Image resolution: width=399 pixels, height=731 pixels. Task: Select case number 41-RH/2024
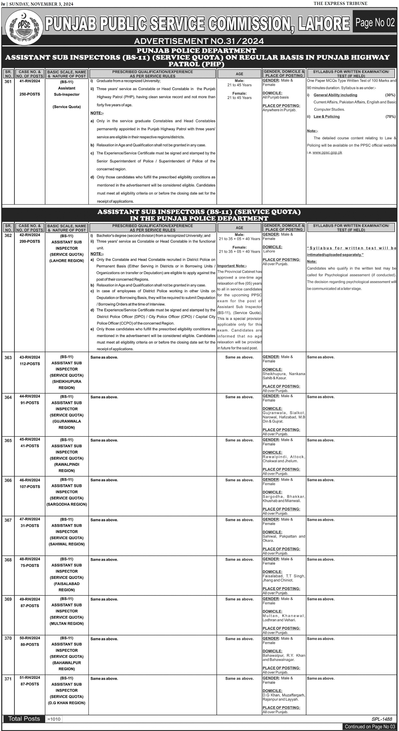(30, 81)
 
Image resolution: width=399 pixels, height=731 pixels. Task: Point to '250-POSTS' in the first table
(30, 94)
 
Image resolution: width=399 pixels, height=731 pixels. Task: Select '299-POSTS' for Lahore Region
(30, 242)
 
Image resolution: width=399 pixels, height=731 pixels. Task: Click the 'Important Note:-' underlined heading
(232, 266)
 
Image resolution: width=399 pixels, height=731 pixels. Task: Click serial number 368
(8, 560)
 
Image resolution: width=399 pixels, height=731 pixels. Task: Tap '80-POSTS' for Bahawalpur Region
(30, 644)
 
